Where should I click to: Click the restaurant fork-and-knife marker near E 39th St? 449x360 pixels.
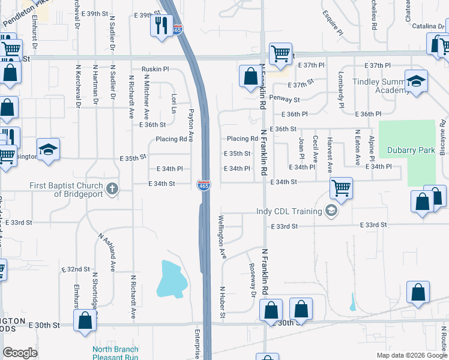(x=161, y=25)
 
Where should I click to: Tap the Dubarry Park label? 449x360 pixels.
(x=411, y=151)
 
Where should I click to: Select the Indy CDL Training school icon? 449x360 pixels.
(x=330, y=211)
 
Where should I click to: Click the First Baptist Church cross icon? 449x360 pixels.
(x=112, y=190)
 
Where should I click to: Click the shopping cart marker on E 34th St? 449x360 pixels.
(x=341, y=188)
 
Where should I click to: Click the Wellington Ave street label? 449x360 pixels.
(x=223, y=238)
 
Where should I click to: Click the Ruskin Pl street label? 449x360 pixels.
(x=156, y=69)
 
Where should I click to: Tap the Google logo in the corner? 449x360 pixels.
(x=20, y=353)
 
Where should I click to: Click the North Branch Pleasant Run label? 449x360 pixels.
(x=115, y=353)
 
